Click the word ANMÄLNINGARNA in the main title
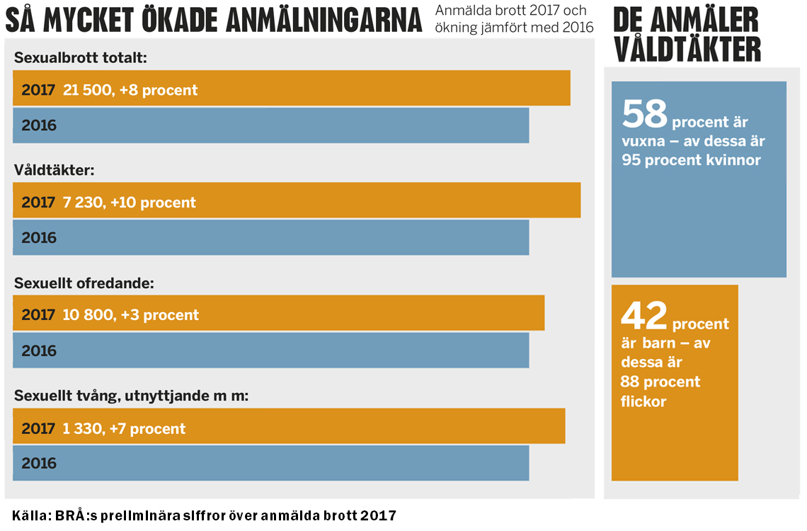pyautogui.click(x=324, y=21)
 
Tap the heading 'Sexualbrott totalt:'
pyautogui.click(x=80, y=58)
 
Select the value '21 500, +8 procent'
pyautogui.click(x=130, y=90)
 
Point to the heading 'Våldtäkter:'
pyautogui.click(x=54, y=170)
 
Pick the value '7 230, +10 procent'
pyautogui.click(x=129, y=202)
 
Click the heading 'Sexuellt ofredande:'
pyautogui.click(x=84, y=283)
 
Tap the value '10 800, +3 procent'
pyautogui.click(x=130, y=315)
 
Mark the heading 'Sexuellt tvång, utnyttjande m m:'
pyautogui.click(x=131, y=396)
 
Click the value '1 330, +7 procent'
pyautogui.click(x=124, y=428)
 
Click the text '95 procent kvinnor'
pyautogui.click(x=691, y=160)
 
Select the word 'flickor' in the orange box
pyautogui.click(x=643, y=401)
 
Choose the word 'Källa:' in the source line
pyautogui.click(x=30, y=515)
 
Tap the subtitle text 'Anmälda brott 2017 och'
pyautogui.click(x=511, y=11)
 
